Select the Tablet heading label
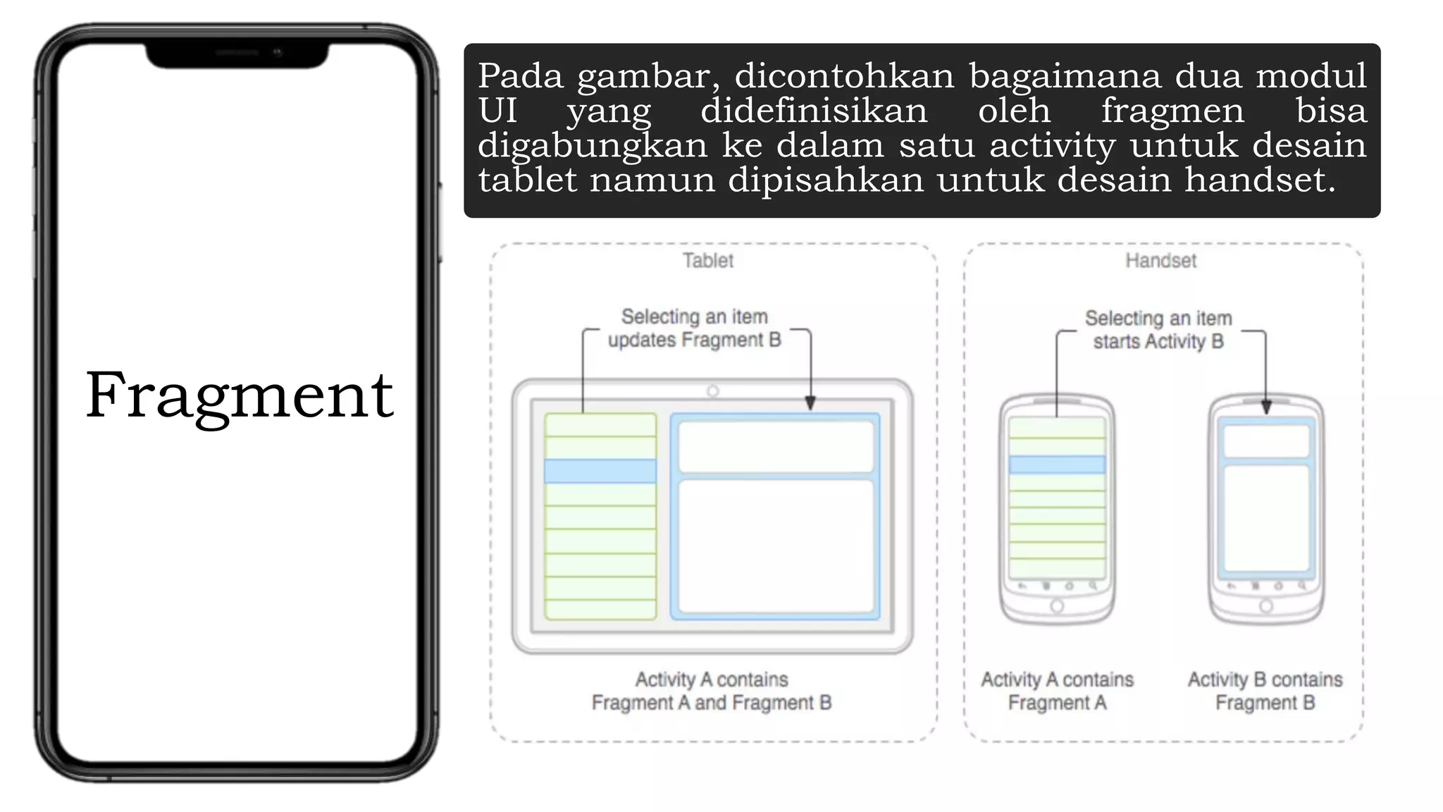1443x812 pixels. pos(707,261)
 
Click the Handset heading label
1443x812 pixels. pos(1160,261)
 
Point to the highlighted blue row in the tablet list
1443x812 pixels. pos(600,471)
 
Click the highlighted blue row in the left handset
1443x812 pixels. pos(1057,465)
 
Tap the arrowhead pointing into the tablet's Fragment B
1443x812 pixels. pos(810,403)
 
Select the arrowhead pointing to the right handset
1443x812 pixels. pos(1266,407)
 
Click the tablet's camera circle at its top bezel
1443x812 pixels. pos(713,391)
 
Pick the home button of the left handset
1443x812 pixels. pos(1057,606)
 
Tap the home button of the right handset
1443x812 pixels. pos(1266,606)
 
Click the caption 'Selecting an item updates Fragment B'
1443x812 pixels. pos(695,328)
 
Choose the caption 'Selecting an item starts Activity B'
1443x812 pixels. pos(1158,330)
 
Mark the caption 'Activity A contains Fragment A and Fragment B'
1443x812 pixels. pos(712,691)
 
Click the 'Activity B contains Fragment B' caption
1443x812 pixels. pos(1265,691)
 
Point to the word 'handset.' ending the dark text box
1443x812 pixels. pos(1260,180)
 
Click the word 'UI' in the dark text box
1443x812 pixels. pos(497,111)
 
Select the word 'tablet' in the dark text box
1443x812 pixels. pos(528,180)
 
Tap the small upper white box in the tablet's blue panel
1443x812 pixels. pos(776,447)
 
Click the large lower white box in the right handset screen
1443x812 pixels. pos(1266,518)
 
